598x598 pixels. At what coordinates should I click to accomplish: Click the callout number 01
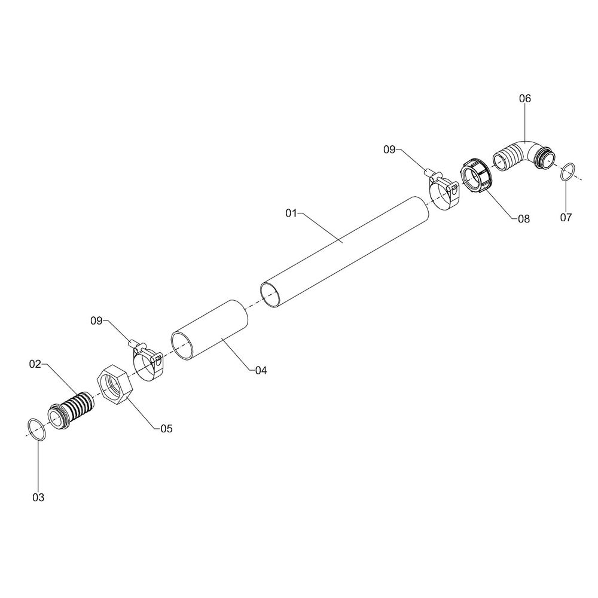click(x=291, y=213)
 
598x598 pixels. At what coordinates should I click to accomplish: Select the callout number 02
click(x=35, y=364)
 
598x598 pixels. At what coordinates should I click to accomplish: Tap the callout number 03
click(x=38, y=498)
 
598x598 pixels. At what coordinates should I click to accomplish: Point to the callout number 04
click(x=261, y=370)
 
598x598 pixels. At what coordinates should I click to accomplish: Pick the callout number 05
click(x=166, y=429)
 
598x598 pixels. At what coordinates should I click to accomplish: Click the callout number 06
click(x=525, y=99)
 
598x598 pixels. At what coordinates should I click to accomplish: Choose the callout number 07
click(x=566, y=218)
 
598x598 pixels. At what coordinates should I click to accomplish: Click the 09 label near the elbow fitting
click(x=389, y=150)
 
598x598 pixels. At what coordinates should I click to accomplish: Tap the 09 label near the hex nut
click(x=96, y=321)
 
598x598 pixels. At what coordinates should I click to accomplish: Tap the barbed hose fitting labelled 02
click(x=71, y=409)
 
